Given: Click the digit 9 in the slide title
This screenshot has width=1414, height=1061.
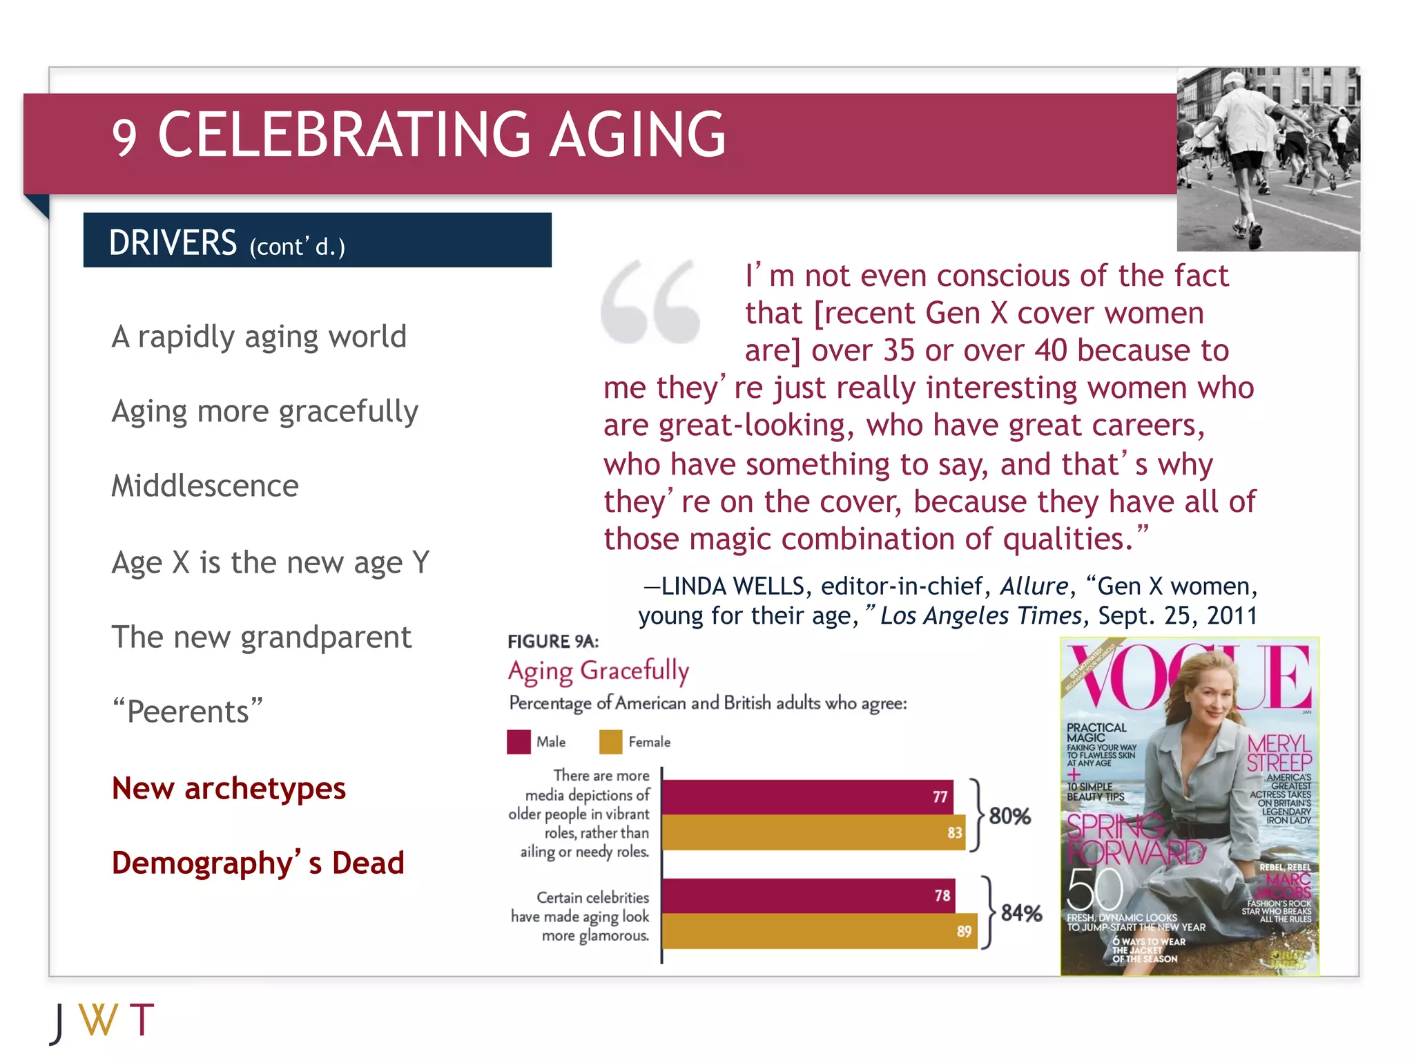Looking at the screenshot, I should click(x=124, y=137).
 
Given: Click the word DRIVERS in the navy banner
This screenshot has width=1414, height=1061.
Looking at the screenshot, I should click(x=173, y=242).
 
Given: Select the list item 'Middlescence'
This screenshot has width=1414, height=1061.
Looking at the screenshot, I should click(x=205, y=486).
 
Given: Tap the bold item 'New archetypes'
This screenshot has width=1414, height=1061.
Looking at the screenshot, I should click(x=229, y=788).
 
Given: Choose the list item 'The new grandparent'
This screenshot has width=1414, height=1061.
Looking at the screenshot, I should click(x=261, y=637).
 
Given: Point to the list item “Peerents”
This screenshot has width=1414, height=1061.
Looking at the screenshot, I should click(x=188, y=711).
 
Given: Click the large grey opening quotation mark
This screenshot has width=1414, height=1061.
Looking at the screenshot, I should click(x=650, y=302).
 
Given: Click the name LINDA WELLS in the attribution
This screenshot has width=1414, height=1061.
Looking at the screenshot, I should click(x=733, y=586).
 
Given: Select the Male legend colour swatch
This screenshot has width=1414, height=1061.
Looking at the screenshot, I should click(x=519, y=742).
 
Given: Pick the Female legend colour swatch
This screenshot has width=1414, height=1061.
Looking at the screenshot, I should click(x=610, y=742).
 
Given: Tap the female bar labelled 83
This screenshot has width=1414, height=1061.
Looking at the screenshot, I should click(x=813, y=832).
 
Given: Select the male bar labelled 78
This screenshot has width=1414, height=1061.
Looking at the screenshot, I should click(x=808, y=896).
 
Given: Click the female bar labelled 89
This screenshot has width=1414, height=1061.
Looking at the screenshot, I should click(x=819, y=931).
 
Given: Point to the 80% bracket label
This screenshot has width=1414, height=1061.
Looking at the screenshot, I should click(x=1009, y=816).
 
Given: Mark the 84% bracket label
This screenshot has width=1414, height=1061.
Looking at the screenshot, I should click(x=1021, y=913).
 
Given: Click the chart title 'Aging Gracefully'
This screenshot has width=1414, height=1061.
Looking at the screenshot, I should click(x=598, y=671).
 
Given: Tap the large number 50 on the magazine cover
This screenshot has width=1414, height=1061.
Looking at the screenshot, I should click(x=1094, y=890).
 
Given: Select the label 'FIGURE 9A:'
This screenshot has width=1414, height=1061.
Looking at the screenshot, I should click(x=552, y=642).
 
